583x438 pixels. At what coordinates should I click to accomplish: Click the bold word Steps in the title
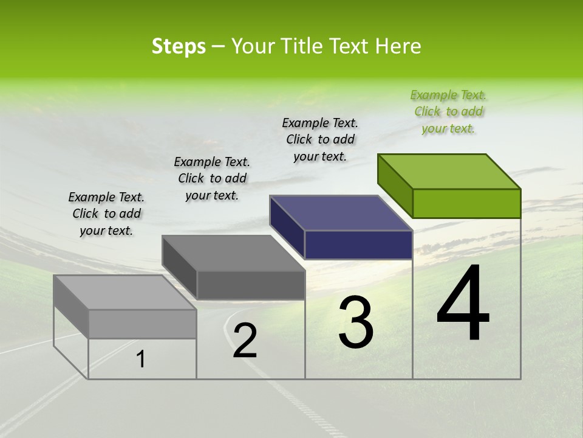179,46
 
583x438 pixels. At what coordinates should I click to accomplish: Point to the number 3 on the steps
355,322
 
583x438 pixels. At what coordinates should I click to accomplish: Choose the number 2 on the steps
245,341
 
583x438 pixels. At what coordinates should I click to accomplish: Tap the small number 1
141,360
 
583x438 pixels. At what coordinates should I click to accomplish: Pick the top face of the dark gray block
233,253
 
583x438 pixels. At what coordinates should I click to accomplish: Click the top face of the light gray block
125,293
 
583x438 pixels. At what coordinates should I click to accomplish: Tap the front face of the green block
466,203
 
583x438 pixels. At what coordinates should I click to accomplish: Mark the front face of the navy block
358,245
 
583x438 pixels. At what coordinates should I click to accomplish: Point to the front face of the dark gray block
250,285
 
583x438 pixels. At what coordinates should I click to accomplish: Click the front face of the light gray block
142,324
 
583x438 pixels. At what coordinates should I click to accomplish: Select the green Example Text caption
448,112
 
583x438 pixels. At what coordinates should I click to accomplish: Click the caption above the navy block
320,139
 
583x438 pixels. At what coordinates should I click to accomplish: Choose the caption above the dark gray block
212,178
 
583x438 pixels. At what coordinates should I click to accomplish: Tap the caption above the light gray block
106,214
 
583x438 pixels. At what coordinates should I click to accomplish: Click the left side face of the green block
395,186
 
